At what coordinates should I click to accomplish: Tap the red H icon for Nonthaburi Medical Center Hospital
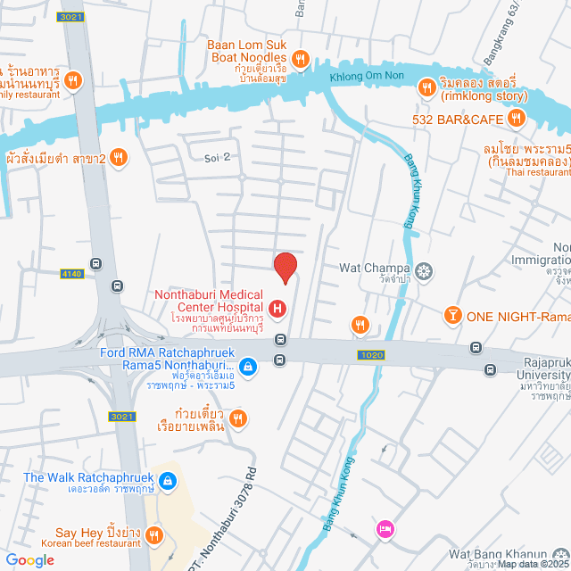click(x=277, y=309)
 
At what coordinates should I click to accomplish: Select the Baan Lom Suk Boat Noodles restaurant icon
click(x=302, y=60)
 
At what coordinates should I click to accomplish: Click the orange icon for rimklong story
click(x=426, y=87)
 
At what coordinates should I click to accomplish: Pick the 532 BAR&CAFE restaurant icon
click(x=515, y=118)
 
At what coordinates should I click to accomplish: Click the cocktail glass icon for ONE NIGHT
click(x=453, y=316)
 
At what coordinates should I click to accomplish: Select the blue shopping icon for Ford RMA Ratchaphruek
click(x=250, y=365)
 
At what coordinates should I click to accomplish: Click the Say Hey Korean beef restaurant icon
click(x=153, y=534)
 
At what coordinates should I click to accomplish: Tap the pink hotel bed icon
click(x=384, y=529)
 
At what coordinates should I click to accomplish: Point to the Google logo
click(x=29, y=559)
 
